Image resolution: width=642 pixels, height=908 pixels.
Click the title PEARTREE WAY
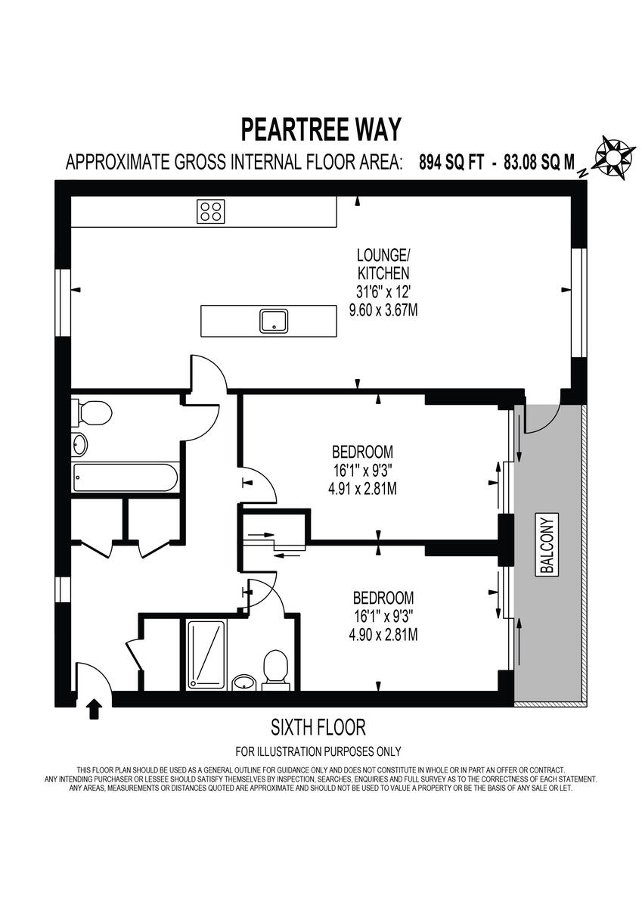(x=321, y=129)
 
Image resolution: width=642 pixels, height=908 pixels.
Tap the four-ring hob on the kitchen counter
(x=211, y=210)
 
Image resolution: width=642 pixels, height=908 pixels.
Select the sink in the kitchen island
(x=273, y=321)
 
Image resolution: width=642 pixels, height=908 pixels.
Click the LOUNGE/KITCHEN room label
(x=383, y=264)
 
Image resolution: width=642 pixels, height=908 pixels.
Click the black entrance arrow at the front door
(x=94, y=709)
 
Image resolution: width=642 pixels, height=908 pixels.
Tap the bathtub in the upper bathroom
(x=126, y=477)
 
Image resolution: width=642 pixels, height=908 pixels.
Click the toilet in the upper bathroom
(x=92, y=412)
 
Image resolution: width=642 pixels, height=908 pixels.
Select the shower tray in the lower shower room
(x=206, y=654)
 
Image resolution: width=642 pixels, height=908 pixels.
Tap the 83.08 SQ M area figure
(x=538, y=162)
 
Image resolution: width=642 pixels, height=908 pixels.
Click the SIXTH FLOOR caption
(x=318, y=728)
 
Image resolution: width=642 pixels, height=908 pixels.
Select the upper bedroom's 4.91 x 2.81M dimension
(x=362, y=489)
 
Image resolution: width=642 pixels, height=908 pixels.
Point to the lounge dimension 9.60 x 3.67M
(x=383, y=310)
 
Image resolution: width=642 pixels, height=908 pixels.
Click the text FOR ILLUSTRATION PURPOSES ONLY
(x=318, y=751)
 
